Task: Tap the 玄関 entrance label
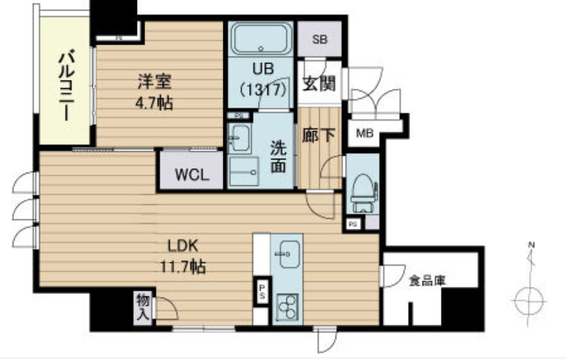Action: click(x=319, y=84)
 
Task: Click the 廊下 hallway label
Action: click(x=319, y=135)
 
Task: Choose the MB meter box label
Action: click(x=365, y=133)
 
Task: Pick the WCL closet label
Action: click(x=190, y=175)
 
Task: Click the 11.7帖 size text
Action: click(x=182, y=268)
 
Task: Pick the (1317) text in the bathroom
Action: click(x=262, y=89)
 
